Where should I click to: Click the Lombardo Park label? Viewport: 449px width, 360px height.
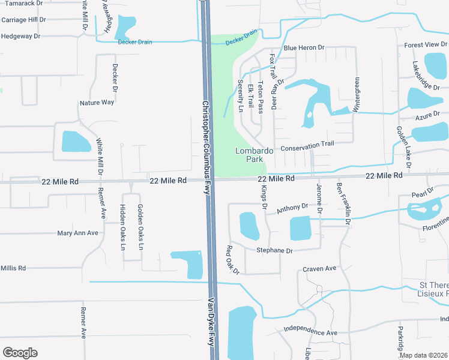[x=254, y=155]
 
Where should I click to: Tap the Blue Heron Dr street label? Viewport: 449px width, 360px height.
[x=304, y=47]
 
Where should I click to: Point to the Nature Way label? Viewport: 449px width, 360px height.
[x=97, y=103]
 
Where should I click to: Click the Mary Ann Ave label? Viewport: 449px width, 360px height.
[x=77, y=233]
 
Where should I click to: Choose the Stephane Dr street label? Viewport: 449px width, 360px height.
[x=274, y=251]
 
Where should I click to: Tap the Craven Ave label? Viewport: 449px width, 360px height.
[x=319, y=269]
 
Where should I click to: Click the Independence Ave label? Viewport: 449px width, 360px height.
[x=310, y=331]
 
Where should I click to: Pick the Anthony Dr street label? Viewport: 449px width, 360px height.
[x=292, y=208]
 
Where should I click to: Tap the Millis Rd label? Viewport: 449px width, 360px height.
[x=13, y=268]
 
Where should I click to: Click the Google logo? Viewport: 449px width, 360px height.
[x=20, y=352]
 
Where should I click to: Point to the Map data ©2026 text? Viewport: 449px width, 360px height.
[x=423, y=355]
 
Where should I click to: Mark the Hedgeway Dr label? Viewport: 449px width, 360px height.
[x=20, y=36]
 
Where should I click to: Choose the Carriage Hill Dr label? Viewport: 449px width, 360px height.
[x=23, y=19]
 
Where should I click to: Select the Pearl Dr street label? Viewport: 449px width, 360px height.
[x=423, y=193]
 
